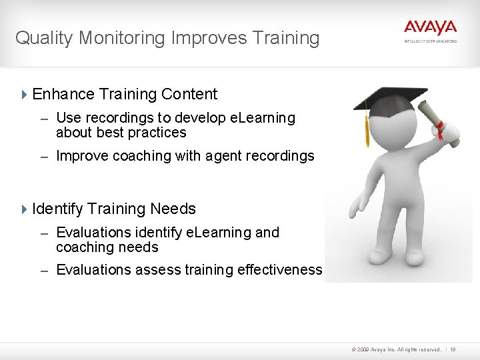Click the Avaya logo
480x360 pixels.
[430, 28]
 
